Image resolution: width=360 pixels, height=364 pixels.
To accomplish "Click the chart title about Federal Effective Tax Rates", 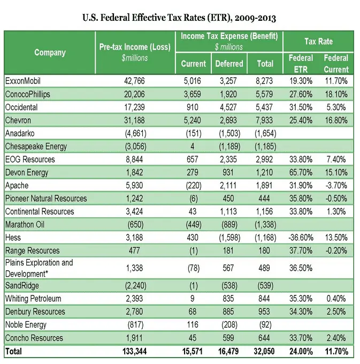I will pyautogui.click(x=179, y=17).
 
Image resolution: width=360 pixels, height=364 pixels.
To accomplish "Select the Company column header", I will pyautogui.click(x=50, y=52).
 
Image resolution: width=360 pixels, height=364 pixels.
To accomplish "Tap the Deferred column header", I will pyautogui.click(x=228, y=64).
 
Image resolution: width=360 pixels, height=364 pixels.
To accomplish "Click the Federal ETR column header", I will pyautogui.click(x=301, y=63).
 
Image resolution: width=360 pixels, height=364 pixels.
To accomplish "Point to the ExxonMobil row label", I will pyautogui.click(x=23, y=81).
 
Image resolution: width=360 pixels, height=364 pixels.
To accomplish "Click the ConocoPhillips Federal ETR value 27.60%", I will pyautogui.click(x=301, y=94).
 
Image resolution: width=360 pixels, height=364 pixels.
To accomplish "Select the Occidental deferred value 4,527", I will pyautogui.click(x=228, y=107).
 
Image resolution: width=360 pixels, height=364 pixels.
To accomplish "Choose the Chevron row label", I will pyautogui.click(x=19, y=120).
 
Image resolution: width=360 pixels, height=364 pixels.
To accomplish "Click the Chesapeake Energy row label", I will pyautogui.click(x=35, y=146).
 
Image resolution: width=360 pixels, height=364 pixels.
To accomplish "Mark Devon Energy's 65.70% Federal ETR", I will pyautogui.click(x=301, y=172).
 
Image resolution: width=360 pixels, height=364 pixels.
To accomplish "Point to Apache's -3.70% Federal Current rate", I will pyautogui.click(x=336, y=185).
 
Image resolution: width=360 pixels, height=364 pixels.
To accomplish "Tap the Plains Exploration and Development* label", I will pyautogui.click(x=39, y=268).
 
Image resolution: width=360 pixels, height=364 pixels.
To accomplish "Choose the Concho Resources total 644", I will pyautogui.click(x=265, y=338).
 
